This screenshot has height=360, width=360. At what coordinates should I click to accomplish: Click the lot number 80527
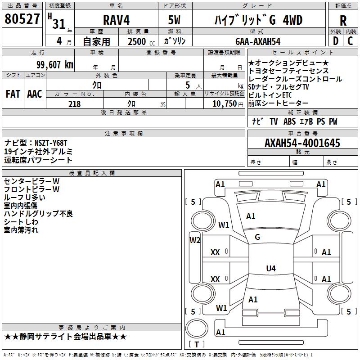pyautogui.click(x=22, y=19)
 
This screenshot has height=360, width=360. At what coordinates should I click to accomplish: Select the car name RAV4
pyautogui.click(x=116, y=20)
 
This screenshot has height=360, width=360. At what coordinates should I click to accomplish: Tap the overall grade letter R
pyautogui.click(x=343, y=21)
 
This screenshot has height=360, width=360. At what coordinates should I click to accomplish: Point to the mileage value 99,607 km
pyautogui.click(x=55, y=65)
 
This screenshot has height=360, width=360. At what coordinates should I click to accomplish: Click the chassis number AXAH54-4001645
pyautogui.click(x=302, y=143)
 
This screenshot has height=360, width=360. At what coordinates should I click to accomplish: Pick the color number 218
pyautogui.click(x=74, y=104)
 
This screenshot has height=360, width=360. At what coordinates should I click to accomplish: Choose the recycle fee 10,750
pyautogui.click(x=224, y=104)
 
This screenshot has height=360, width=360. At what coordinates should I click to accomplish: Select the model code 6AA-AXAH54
pyautogui.click(x=258, y=41)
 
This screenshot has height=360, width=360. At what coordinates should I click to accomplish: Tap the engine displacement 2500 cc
pyautogui.click(x=141, y=41)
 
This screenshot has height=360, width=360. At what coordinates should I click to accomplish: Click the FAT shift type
pyautogui.click(x=13, y=94)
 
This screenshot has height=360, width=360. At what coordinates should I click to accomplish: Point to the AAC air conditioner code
pyautogui.click(x=35, y=94)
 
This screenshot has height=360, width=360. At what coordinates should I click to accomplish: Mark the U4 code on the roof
pyautogui.click(x=271, y=268)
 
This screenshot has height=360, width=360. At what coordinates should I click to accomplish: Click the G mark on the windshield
pyautogui.click(x=257, y=237)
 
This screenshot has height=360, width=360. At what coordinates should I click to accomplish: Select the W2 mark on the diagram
pyautogui.click(x=195, y=240)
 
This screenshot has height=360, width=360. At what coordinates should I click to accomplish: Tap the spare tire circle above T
pyautogui.click(x=197, y=328)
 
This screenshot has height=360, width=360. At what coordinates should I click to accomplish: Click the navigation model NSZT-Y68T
pyautogui.click(x=51, y=143)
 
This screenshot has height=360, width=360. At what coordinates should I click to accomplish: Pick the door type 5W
pyautogui.click(x=174, y=20)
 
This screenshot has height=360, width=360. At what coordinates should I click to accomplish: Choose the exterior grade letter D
pyautogui.click(x=336, y=41)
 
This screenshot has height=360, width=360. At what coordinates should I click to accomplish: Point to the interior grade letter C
pyautogui.click(x=350, y=41)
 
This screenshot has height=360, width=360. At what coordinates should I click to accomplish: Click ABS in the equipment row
pyautogui.click(x=289, y=121)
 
